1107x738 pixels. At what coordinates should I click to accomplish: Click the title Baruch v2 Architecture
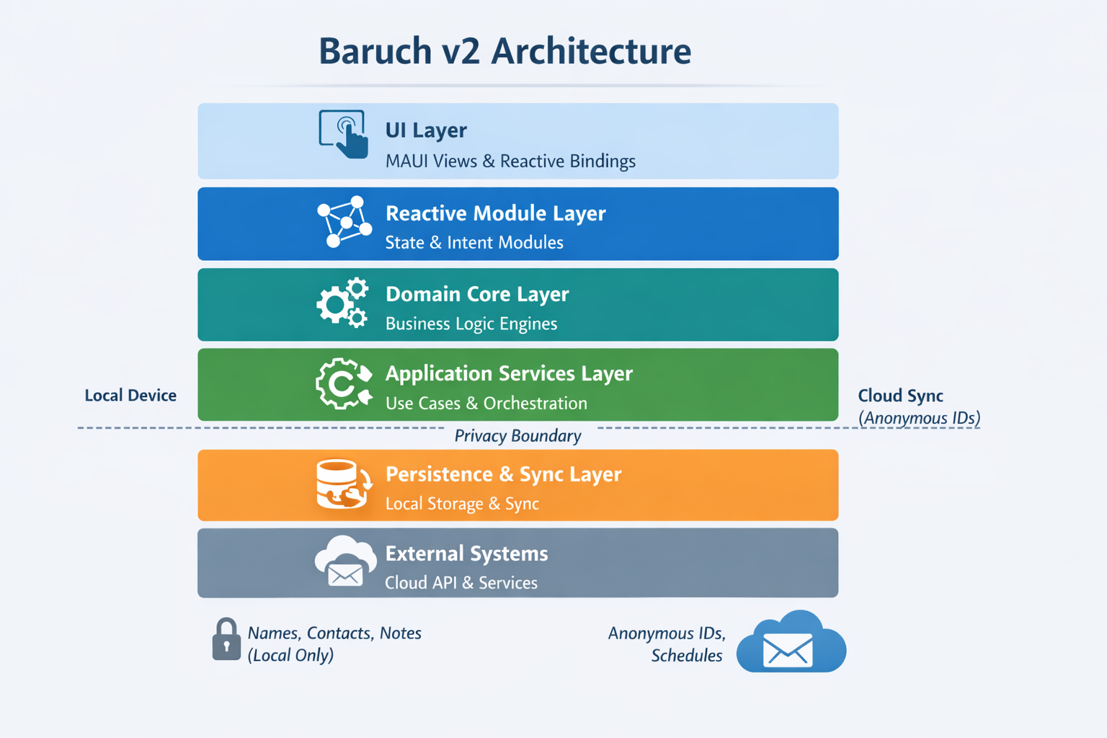pyautogui.click(x=504, y=51)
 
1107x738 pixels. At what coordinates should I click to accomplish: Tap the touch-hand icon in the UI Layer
pyautogui.click(x=344, y=134)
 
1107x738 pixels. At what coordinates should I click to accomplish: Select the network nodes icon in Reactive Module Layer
pyautogui.click(x=344, y=222)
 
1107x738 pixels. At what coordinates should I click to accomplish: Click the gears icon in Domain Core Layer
pyautogui.click(x=342, y=303)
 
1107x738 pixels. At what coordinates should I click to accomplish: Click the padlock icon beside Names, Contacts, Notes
pyautogui.click(x=226, y=639)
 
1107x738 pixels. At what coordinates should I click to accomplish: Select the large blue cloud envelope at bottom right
pyautogui.click(x=791, y=643)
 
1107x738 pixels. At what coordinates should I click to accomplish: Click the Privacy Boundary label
pyautogui.click(x=517, y=436)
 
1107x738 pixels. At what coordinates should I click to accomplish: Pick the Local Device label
pyautogui.click(x=130, y=396)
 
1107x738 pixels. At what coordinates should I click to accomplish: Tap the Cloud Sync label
pyautogui.click(x=900, y=396)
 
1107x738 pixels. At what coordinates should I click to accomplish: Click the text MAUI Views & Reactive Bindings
pyautogui.click(x=510, y=161)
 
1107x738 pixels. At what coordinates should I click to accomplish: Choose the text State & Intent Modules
pyautogui.click(x=474, y=243)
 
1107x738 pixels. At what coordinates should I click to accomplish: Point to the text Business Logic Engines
pyautogui.click(x=471, y=324)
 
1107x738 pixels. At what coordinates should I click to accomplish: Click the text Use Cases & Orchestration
pyautogui.click(x=486, y=404)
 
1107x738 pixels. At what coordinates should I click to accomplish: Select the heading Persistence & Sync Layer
pyautogui.click(x=503, y=474)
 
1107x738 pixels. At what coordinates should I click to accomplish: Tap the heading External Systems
pyautogui.click(x=466, y=553)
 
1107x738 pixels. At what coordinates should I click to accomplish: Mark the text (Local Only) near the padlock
pyautogui.click(x=290, y=655)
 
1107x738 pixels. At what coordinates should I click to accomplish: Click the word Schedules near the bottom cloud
pyautogui.click(x=686, y=656)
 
